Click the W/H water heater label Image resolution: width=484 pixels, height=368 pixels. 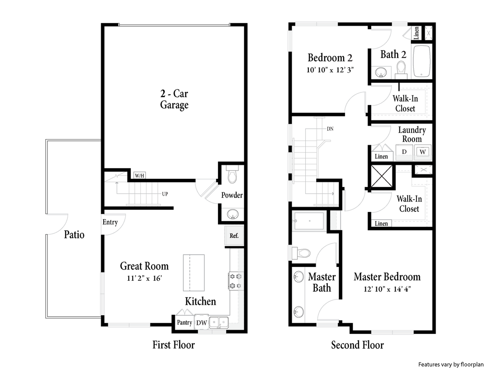pyautogui.click(x=140, y=175)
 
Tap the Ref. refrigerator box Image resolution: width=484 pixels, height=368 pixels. pyautogui.click(x=234, y=236)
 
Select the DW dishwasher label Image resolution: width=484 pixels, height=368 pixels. pyautogui.click(x=201, y=323)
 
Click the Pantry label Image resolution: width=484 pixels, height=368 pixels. pyautogui.click(x=184, y=323)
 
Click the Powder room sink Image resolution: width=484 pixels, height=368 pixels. pyautogui.click(x=232, y=213)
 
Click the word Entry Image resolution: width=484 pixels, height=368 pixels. pyautogui.click(x=110, y=222)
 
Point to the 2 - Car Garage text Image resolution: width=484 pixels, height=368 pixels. pyautogui.click(x=174, y=99)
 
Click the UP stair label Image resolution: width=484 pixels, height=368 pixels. pyautogui.click(x=165, y=194)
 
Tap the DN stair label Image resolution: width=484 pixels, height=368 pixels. pyautogui.click(x=330, y=129)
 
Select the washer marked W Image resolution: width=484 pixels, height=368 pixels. pyautogui.click(x=422, y=152)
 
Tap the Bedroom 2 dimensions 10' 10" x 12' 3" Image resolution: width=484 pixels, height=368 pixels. pyautogui.click(x=329, y=69)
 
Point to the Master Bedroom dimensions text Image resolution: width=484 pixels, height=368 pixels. pyautogui.click(x=387, y=289)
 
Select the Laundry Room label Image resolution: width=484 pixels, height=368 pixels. pyautogui.click(x=412, y=135)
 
